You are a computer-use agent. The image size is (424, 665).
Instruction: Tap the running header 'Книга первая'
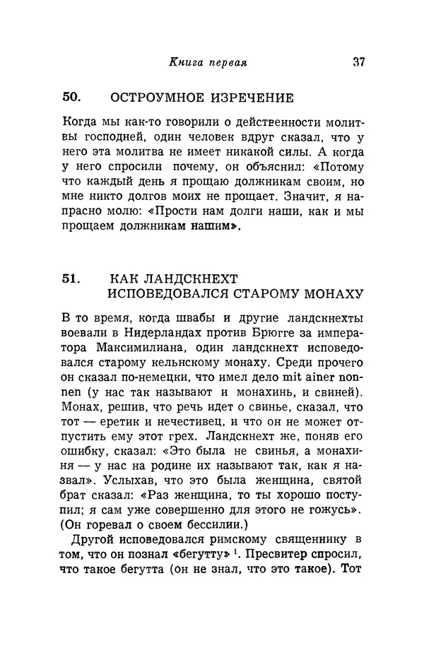click(x=207, y=61)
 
